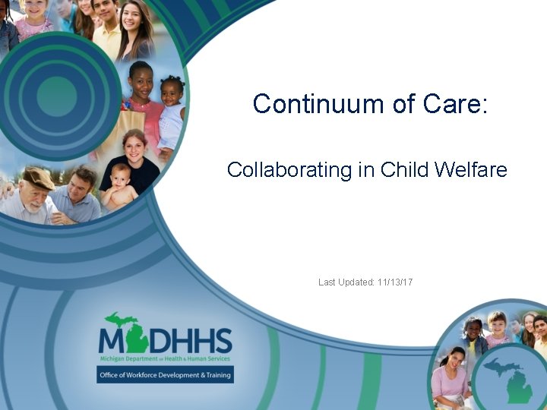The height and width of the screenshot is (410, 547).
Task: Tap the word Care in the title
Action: pos(454,104)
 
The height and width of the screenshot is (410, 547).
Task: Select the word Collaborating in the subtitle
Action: pos(289,169)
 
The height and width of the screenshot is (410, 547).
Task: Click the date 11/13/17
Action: pos(395,282)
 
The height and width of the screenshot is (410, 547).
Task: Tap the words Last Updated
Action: pos(346,282)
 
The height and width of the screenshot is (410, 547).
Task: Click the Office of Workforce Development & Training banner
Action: pos(165,375)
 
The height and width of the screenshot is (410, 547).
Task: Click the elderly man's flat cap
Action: pos(38,178)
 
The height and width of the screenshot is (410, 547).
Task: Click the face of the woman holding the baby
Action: pos(134,145)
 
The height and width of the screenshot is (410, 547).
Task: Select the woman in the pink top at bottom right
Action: pos(451,372)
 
